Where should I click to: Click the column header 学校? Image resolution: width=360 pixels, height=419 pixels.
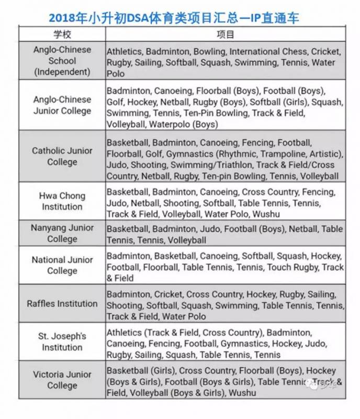62,35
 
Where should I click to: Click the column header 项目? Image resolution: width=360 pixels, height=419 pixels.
225,35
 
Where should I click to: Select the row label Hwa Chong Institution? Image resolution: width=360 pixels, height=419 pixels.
62,201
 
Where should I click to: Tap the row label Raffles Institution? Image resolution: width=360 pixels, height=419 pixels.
62,304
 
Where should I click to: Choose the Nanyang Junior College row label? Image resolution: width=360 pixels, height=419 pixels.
62,234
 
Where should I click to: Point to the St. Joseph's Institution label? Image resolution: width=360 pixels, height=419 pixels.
62,341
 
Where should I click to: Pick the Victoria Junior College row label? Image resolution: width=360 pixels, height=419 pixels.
62,380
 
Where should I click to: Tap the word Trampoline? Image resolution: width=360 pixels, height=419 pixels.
286,154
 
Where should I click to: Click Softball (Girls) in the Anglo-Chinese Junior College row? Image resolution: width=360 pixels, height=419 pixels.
277,102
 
